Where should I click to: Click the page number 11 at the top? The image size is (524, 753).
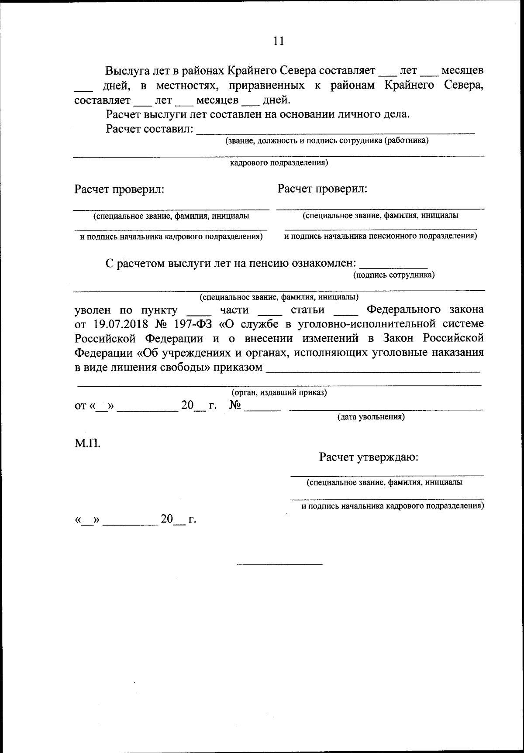click(279, 41)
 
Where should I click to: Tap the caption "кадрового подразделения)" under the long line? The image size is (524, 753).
click(279, 163)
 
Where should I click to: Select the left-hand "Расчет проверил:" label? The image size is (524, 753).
click(119, 189)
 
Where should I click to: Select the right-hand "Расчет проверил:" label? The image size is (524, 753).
click(322, 189)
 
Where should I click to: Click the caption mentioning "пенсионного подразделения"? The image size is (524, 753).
click(380, 237)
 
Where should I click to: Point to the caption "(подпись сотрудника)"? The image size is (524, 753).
click(394, 275)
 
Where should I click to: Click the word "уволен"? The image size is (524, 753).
click(93, 310)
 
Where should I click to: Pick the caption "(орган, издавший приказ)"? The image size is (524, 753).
click(279, 392)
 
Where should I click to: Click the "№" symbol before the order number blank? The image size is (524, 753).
click(235, 406)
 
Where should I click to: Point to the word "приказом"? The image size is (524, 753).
click(238, 368)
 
